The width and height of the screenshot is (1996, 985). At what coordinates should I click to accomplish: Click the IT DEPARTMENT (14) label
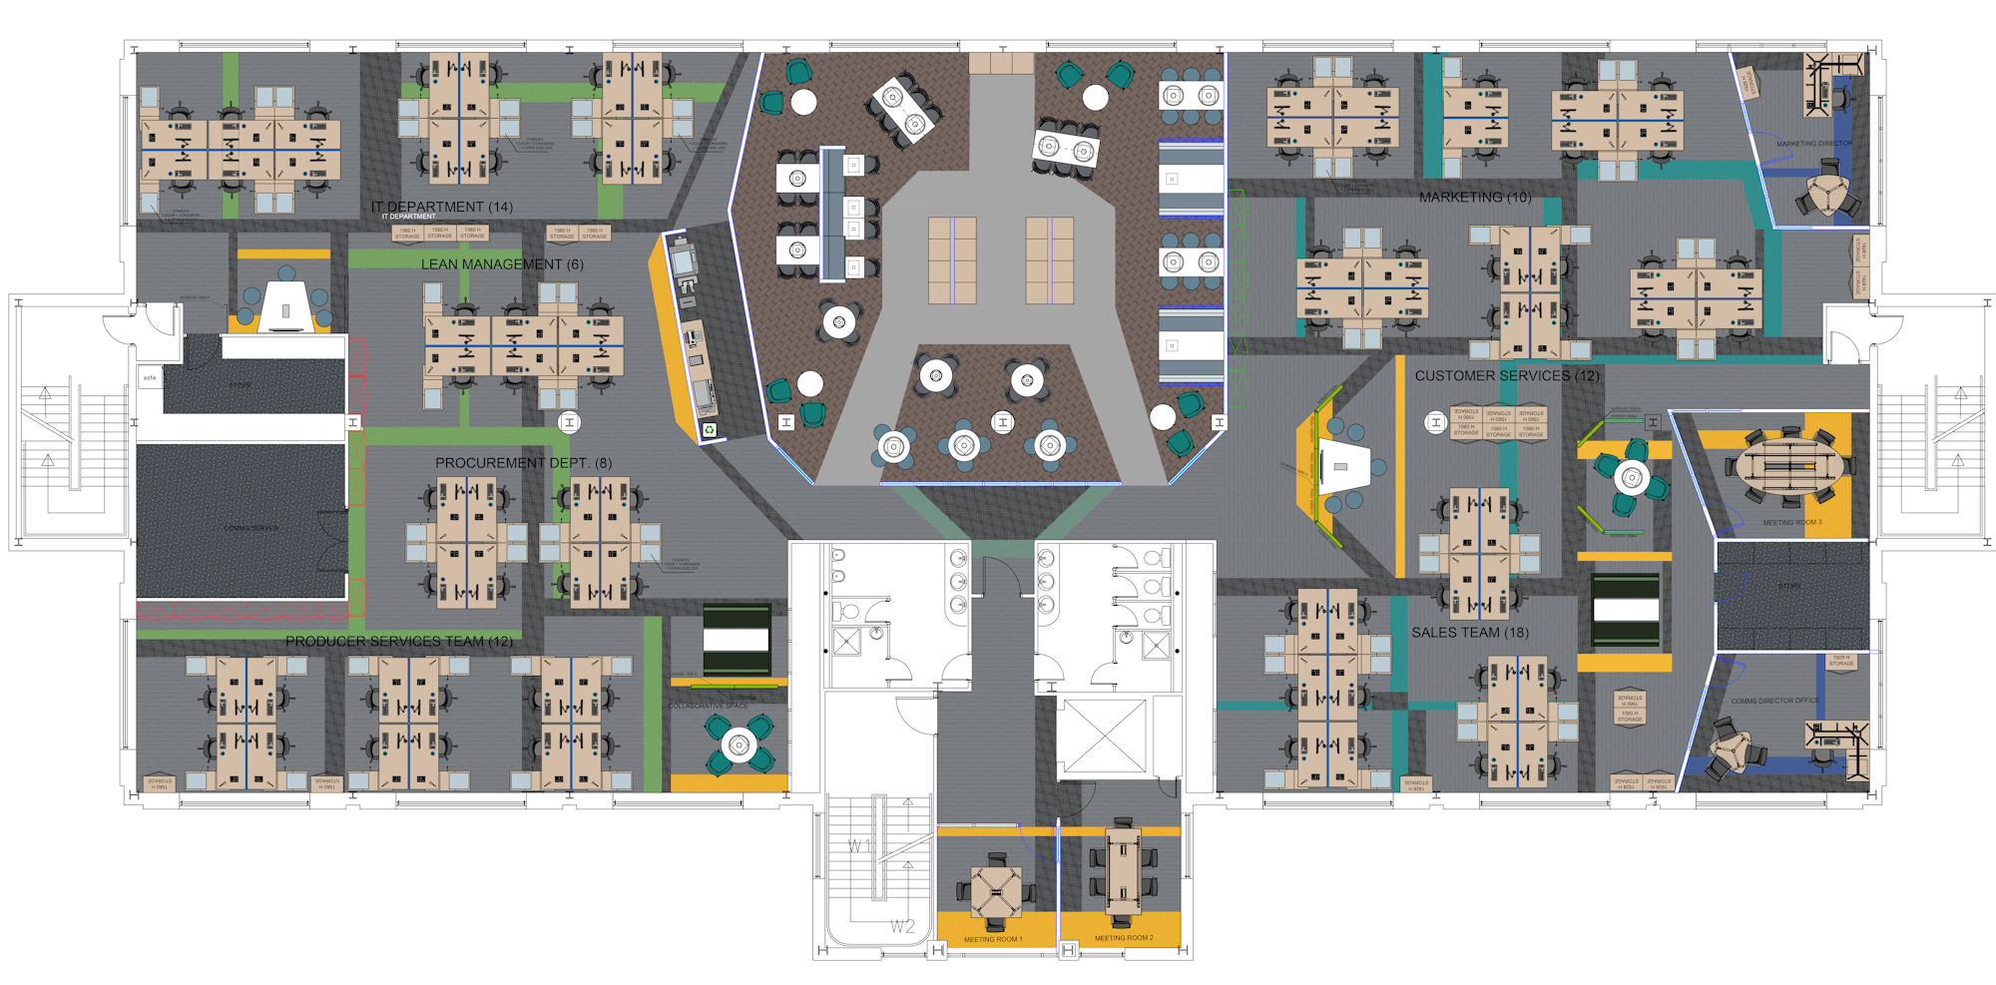pos(441,207)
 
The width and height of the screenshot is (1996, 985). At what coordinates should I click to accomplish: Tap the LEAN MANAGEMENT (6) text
pos(502,264)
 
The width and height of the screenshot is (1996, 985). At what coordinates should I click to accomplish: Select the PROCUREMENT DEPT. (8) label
pos(523,463)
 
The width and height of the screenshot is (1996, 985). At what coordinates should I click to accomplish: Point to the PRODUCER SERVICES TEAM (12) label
pos(398,642)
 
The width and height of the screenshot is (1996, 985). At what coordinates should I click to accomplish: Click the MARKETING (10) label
pos(1474,198)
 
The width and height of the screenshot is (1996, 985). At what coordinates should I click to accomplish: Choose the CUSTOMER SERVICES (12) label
pos(1506,376)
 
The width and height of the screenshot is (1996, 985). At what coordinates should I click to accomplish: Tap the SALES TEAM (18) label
pos(1469,633)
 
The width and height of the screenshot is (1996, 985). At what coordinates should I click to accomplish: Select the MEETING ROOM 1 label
pos(992,939)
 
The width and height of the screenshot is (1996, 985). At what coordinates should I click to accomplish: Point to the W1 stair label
pos(859,846)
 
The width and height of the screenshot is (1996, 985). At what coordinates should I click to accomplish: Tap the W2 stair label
pos(902,927)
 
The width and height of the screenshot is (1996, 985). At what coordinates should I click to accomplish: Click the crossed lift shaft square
pos(1103,739)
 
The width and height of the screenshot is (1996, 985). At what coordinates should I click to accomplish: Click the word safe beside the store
pos(150,378)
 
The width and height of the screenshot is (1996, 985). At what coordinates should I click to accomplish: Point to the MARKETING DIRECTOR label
pos(1813,144)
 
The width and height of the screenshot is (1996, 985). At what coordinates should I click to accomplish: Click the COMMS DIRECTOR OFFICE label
pos(1774,701)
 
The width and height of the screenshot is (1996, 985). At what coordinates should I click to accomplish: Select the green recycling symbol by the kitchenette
pos(709,430)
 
